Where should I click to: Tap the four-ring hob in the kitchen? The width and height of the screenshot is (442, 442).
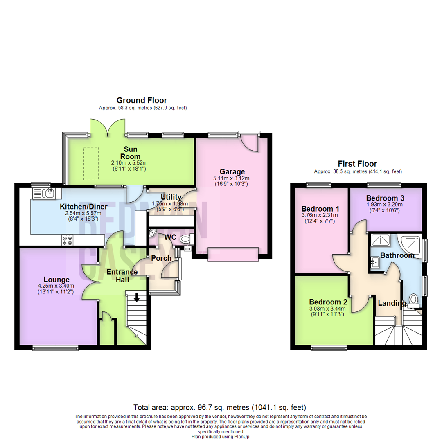tap(68, 240)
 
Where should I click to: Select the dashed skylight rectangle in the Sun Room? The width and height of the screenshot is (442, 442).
tap(91, 163)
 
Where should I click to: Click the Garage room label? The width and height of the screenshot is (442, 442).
tap(232, 171)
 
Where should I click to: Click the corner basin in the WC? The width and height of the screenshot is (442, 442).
tap(153, 232)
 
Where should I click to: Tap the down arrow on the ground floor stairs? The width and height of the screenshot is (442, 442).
tap(136, 297)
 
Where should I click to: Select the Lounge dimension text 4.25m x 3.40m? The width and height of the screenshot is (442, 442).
tap(56, 286)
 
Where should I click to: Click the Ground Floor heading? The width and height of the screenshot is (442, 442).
tap(142, 100)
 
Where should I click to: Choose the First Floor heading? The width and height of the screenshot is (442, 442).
tap(357, 163)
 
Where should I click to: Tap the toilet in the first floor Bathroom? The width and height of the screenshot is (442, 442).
tap(414, 300)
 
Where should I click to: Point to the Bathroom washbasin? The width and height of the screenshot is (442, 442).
tap(375, 262)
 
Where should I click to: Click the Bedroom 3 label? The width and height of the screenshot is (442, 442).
tap(385, 198)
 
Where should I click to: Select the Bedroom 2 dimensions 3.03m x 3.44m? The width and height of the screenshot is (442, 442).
tap(327, 309)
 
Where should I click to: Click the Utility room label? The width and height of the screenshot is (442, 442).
tap(171, 197)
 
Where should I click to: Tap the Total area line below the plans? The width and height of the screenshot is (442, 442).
tap(220, 407)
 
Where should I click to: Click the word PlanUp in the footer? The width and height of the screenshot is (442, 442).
tap(242, 437)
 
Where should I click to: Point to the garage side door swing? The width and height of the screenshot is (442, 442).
tap(250, 144)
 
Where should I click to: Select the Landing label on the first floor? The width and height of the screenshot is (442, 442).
tap(392, 303)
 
